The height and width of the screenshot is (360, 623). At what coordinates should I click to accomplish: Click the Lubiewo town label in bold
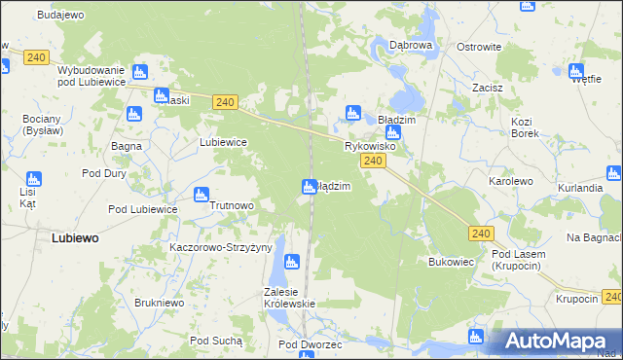point(80,237)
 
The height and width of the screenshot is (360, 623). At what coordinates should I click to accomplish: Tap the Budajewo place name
point(60,16)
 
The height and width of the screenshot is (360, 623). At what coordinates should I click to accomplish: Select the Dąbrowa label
point(410,45)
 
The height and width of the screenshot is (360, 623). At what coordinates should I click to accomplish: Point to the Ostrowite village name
point(479,47)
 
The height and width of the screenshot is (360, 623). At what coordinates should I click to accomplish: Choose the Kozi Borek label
point(525,127)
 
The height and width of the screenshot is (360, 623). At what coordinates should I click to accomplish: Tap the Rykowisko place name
point(369,146)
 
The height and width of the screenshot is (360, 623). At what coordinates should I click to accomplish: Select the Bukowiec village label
point(451,263)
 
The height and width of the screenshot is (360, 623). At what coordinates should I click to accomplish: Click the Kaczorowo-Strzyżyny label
point(220,247)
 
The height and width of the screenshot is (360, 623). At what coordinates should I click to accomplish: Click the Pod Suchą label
point(216,341)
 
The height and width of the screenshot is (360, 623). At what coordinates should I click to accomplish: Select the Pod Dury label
point(105,173)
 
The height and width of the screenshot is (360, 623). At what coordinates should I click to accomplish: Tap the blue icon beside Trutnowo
point(201,194)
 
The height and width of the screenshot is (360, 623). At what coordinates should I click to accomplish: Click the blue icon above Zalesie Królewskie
point(289,261)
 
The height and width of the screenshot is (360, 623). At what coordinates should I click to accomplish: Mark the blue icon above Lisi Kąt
point(34,179)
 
